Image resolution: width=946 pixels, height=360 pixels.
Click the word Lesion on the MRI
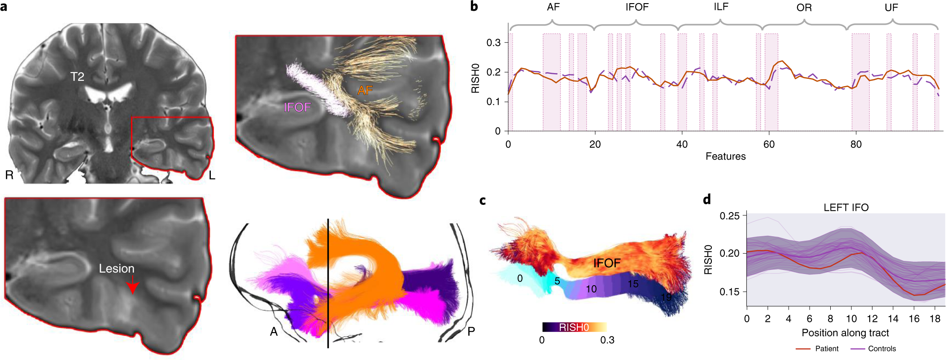(x=117, y=269)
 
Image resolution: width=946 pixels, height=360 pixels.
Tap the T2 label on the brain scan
(x=77, y=77)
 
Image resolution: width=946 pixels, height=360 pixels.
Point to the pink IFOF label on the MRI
(x=297, y=108)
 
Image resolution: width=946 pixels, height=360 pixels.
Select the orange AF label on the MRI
(x=365, y=91)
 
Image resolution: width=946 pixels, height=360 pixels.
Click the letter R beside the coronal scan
(x=9, y=175)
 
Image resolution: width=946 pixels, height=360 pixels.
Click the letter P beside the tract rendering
(x=471, y=332)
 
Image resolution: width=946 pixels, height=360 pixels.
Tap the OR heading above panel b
(x=804, y=8)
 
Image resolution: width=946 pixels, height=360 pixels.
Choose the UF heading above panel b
(x=891, y=8)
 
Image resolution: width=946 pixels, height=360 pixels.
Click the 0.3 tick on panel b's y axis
(x=493, y=43)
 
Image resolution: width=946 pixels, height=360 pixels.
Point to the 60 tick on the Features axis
(x=769, y=144)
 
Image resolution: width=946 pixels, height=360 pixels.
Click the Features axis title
(x=725, y=156)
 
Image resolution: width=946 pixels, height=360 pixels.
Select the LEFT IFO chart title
(x=846, y=208)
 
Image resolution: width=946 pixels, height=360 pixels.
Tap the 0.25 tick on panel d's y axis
(x=729, y=216)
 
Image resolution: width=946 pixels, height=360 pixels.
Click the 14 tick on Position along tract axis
(x=893, y=319)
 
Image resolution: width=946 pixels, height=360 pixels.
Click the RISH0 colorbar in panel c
(x=574, y=327)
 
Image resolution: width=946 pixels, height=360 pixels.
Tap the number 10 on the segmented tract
(x=591, y=289)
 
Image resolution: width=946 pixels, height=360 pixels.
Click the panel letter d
(x=707, y=200)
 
